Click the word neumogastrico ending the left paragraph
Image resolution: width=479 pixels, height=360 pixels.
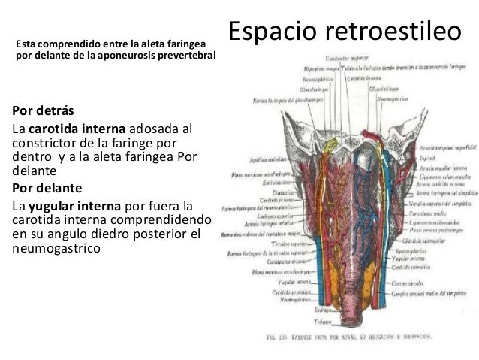[57, 246]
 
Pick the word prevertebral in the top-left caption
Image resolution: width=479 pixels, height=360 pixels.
[185, 55]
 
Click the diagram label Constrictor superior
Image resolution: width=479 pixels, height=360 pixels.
[346, 58]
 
